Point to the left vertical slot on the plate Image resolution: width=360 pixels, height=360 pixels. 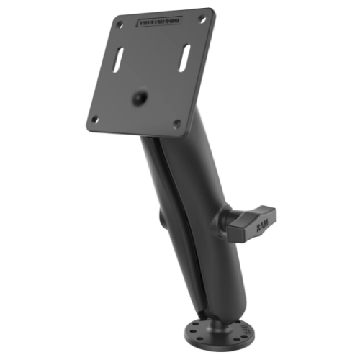click(x=117, y=60)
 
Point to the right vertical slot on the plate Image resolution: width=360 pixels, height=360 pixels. click(x=186, y=57)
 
